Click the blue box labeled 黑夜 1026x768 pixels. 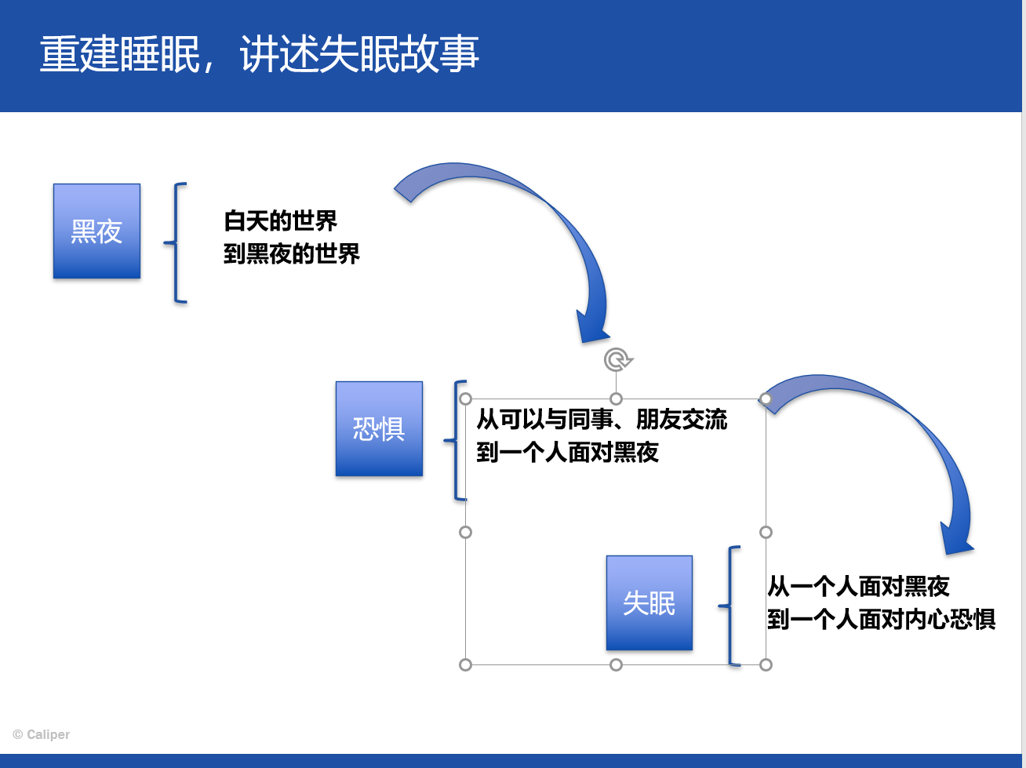pyautogui.click(x=96, y=231)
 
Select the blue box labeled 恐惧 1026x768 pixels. pyautogui.click(x=379, y=428)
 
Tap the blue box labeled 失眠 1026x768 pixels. pyautogui.click(x=649, y=602)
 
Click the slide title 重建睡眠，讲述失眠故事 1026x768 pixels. pyautogui.click(x=260, y=54)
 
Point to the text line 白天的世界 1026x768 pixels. pyautogui.click(x=281, y=220)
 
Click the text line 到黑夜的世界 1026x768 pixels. pyautogui.click(x=292, y=254)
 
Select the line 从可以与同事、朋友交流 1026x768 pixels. pyautogui.click(x=602, y=419)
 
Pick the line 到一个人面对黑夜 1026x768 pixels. pyautogui.click(x=567, y=452)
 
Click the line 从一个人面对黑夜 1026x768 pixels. pyautogui.click(x=858, y=586)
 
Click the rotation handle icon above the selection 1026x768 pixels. pyautogui.click(x=617, y=359)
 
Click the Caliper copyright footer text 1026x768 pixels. pyautogui.click(x=41, y=734)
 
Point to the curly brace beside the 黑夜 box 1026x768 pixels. pyautogui.click(x=176, y=242)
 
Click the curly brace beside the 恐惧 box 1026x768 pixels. pyautogui.click(x=455, y=440)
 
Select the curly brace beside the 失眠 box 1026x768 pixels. pyautogui.click(x=729, y=606)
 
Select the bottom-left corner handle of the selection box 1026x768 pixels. pyautogui.click(x=466, y=664)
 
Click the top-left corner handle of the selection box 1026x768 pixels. pyautogui.click(x=466, y=399)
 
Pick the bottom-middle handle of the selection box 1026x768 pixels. pyautogui.click(x=616, y=664)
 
